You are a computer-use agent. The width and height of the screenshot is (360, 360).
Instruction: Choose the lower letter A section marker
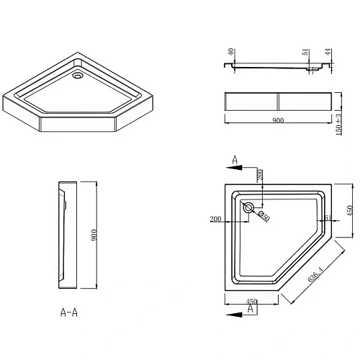(x=250, y=309)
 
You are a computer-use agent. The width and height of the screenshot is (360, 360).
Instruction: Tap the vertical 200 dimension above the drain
(x=257, y=175)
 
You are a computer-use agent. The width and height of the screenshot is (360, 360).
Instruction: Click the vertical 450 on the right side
(x=351, y=210)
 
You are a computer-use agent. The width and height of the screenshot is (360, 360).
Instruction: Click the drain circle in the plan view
(x=249, y=208)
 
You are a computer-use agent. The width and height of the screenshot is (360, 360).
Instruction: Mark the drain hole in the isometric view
(x=78, y=74)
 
